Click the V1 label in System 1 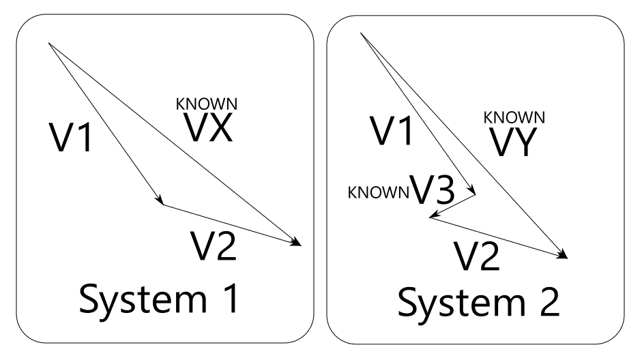click(x=72, y=137)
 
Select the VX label click(x=207, y=127)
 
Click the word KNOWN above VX click(x=207, y=104)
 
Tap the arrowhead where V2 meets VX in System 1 click(x=299, y=243)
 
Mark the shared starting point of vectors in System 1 click(x=49, y=44)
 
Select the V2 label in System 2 click(x=478, y=256)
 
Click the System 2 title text click(x=479, y=304)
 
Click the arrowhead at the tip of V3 click(x=432, y=217)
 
